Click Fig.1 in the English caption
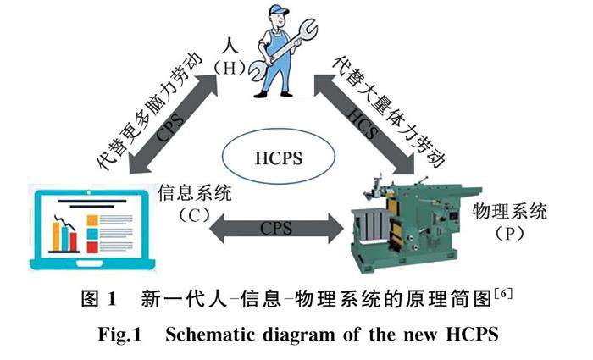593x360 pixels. (x=126, y=332)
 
